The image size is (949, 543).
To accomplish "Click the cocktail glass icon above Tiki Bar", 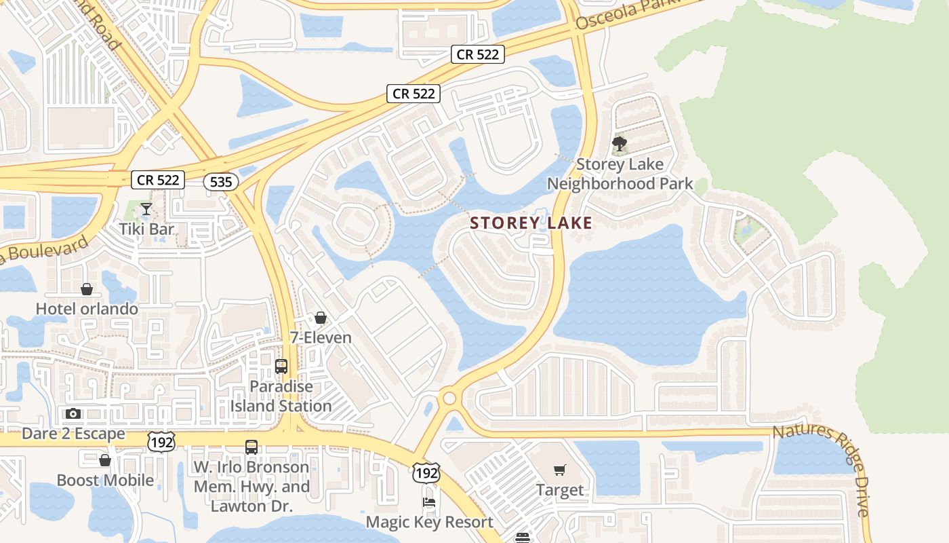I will pos(146,208).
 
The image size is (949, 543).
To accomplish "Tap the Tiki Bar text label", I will pos(146,229).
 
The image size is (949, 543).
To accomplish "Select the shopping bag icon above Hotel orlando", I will pos(87,289).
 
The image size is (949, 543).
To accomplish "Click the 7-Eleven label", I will pos(321,337).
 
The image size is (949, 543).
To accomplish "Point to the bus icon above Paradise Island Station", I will pos(281,367).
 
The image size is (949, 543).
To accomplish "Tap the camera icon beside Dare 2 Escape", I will pos(73,413).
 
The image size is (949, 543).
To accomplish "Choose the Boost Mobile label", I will pos(105,481).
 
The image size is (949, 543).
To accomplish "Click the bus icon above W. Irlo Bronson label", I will pos(251,447).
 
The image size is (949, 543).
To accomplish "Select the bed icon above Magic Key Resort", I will pos(429,502).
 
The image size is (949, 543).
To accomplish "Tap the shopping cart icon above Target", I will pos(560,470).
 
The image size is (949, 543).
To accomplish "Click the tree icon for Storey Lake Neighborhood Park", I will pos(619,144).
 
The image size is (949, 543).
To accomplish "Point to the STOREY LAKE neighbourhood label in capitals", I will pos(531,223).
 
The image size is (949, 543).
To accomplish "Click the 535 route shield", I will pos(221,181).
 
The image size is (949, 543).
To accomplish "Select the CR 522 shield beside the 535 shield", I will pos(158,180).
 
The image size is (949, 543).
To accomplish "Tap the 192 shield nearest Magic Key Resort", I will pos(426,472).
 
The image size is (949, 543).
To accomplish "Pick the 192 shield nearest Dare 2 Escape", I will pos(161,443).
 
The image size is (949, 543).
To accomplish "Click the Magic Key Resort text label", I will pos(430,522).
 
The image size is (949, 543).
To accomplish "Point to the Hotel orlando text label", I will pos(87,309).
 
